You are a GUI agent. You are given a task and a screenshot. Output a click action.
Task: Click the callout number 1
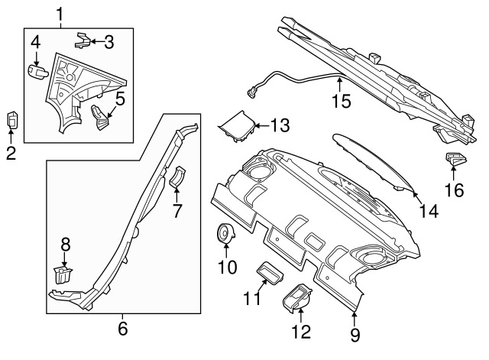point(60,12)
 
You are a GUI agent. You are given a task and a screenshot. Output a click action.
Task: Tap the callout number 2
point(11,154)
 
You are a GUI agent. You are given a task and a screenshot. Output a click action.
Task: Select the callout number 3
point(109,41)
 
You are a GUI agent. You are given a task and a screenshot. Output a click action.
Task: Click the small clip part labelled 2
point(12,120)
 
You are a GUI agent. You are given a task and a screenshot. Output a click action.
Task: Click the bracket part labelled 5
point(102,117)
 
